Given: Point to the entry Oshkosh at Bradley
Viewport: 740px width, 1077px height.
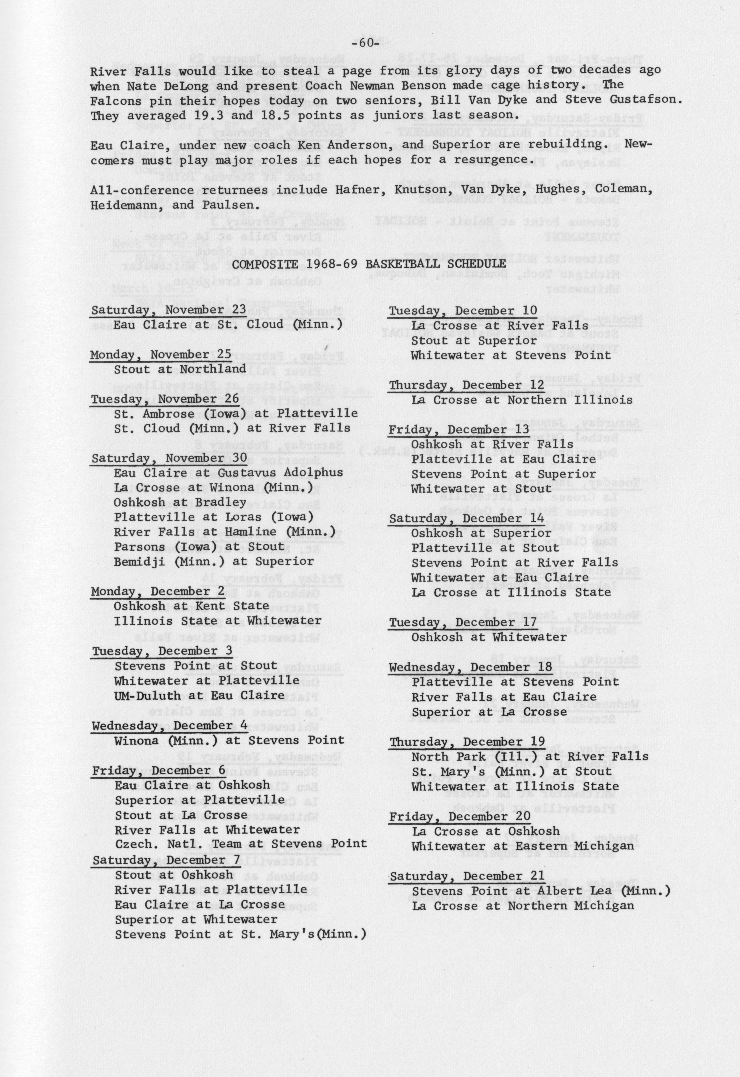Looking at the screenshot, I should (180, 502).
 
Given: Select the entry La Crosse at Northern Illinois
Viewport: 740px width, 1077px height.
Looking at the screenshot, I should (522, 400).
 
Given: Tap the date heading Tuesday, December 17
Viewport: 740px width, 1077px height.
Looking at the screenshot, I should (463, 622).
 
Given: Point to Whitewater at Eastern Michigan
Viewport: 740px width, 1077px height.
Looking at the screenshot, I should (523, 846).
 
